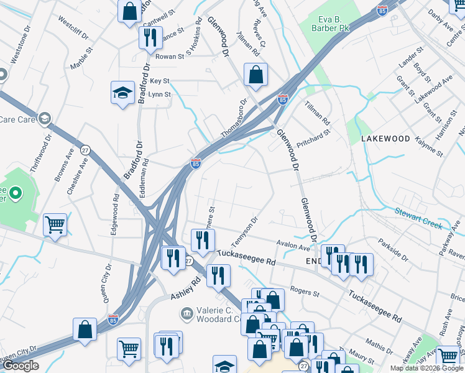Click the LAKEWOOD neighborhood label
385,139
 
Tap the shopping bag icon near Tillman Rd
256,75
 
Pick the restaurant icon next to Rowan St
150,38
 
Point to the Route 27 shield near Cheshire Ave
85,150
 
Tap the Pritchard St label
313,135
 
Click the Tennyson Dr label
244,231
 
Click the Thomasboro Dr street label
234,118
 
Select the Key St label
159,81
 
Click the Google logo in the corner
21,366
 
